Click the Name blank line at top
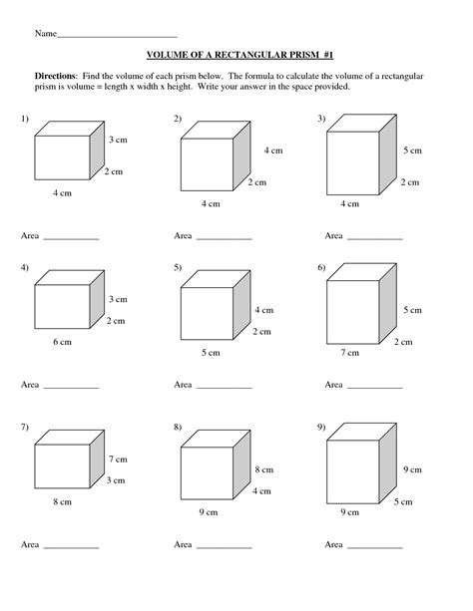coord(117,38)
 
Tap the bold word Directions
coord(56,76)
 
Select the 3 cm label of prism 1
coord(118,140)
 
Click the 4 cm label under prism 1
coord(63,193)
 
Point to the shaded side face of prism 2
coord(241,155)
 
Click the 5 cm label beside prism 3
coord(412,151)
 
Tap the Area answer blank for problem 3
coord(374,239)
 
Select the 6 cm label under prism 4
coord(63,342)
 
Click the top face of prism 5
coord(216,279)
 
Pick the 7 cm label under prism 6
coord(349,353)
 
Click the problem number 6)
coord(321,267)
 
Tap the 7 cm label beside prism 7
coord(118,459)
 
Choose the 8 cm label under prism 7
coord(63,502)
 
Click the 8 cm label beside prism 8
coord(264,469)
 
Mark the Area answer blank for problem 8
coord(224,548)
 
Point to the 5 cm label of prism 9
coord(403,502)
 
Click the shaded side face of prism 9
coord(388,463)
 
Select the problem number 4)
coord(25,267)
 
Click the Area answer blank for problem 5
coord(224,388)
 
